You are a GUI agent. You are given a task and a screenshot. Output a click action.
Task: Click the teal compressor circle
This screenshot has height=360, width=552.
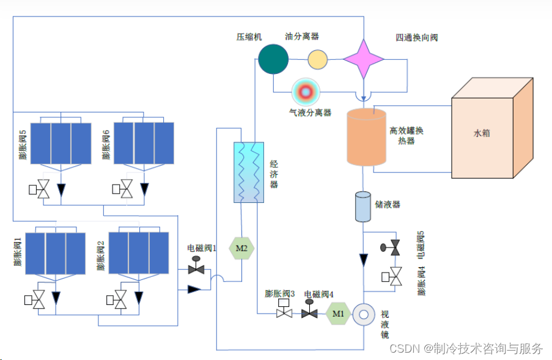tap(273, 59)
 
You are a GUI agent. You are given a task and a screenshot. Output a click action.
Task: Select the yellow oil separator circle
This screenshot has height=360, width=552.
tap(317, 59)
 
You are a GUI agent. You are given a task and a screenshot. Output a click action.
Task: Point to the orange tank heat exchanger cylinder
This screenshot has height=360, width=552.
tap(367, 137)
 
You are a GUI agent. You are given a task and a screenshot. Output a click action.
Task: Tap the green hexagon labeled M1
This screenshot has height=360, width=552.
tap(338, 314)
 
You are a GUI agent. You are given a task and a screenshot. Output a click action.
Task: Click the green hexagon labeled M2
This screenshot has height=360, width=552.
tap(241, 248)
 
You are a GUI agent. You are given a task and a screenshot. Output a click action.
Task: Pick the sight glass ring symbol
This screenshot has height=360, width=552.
tap(364, 314)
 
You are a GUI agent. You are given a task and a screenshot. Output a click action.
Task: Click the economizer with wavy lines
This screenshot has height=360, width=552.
tap(248, 172)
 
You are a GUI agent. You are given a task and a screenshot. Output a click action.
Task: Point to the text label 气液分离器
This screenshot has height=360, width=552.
tap(310, 112)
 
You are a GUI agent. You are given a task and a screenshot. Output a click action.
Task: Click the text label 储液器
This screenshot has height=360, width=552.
tap(388, 204)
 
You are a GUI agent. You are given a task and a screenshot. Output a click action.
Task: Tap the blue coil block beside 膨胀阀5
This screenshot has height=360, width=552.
tap(61, 143)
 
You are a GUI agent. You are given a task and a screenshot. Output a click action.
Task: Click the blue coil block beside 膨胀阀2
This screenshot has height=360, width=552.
tap(138, 252)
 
